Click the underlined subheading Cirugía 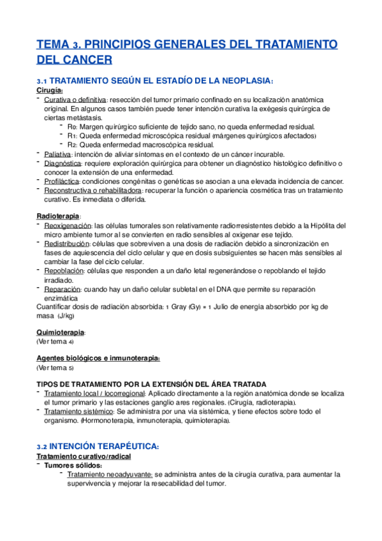pyautogui.click(x=50, y=91)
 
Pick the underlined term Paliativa pyautogui.click(x=58, y=154)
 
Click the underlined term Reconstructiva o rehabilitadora pyautogui.click(x=92, y=191)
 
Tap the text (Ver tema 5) pyautogui.click(x=55, y=367)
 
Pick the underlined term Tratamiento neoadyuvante pyautogui.click(x=109, y=475)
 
